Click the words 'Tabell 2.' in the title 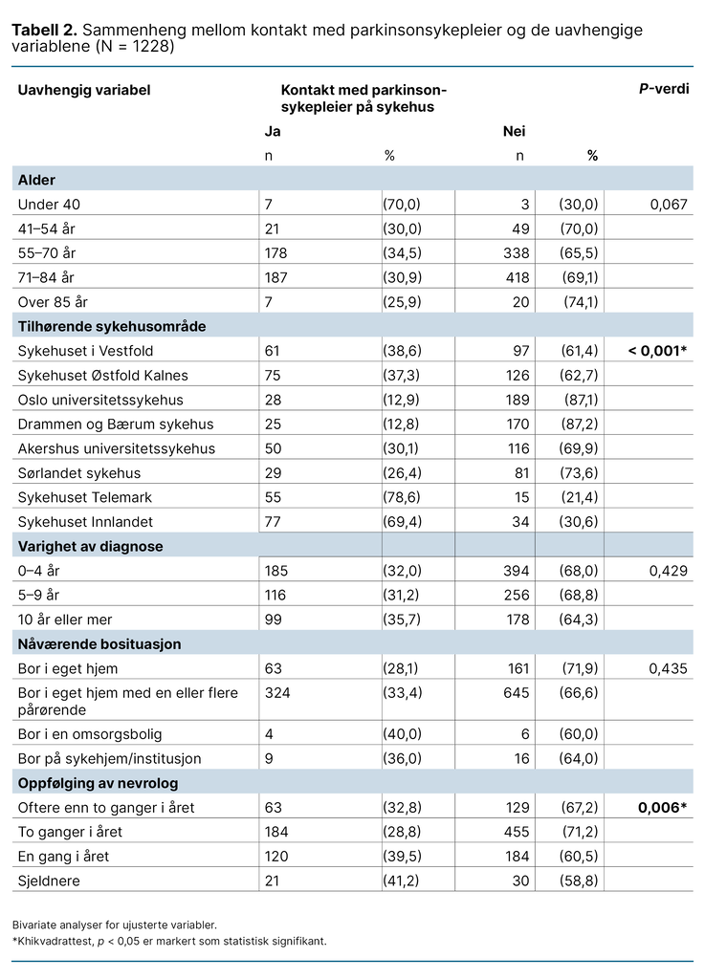click(45, 30)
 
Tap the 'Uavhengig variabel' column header click(84, 90)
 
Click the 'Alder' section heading click(36, 180)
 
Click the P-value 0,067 click(667, 204)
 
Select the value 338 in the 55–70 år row click(517, 252)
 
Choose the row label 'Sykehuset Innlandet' click(85, 522)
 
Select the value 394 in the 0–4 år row click(517, 571)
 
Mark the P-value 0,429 click(667, 571)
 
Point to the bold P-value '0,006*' click(663, 808)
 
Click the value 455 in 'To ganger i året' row click(517, 832)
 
